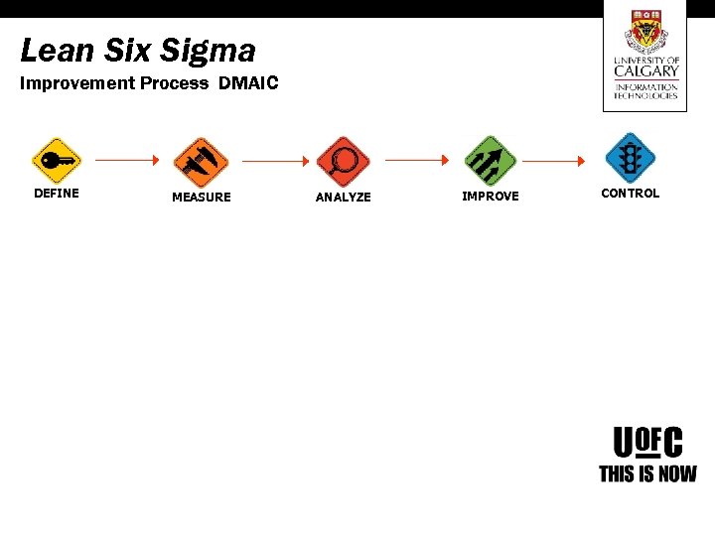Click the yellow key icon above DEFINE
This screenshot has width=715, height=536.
tap(57, 160)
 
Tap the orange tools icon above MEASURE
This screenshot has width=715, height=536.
tap(201, 161)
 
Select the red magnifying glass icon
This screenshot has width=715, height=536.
tap(343, 161)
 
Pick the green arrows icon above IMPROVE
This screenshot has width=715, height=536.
tap(491, 160)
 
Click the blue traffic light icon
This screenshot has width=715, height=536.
tap(630, 159)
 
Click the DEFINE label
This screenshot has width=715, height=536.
tap(57, 194)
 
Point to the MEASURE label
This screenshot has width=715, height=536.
tap(201, 198)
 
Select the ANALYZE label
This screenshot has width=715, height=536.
tap(343, 198)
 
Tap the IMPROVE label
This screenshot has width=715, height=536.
tap(491, 197)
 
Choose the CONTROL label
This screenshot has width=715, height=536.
tap(630, 194)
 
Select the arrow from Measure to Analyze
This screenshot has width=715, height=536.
tap(272, 160)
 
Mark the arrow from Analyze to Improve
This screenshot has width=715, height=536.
tap(417, 159)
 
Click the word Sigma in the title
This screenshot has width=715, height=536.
tap(211, 51)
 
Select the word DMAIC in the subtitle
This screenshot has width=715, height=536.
tap(248, 83)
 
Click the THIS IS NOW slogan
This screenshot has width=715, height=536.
tap(647, 474)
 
